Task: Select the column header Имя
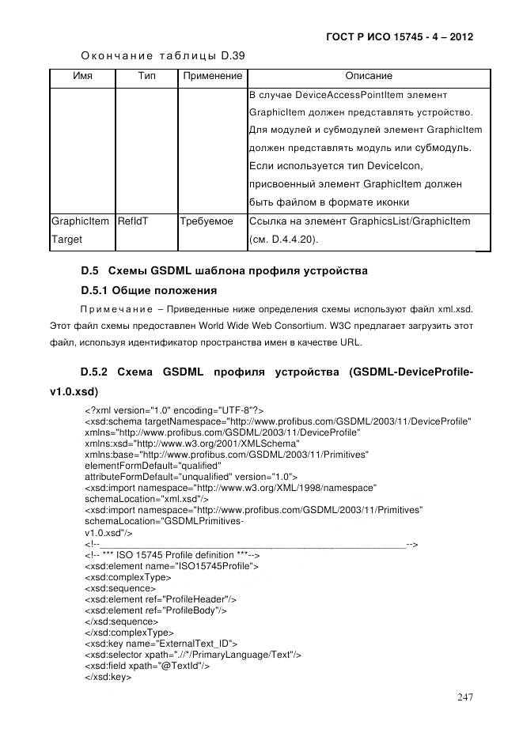click(x=82, y=76)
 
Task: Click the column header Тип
click(x=146, y=76)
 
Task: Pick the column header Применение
click(x=212, y=76)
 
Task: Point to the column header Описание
click(x=368, y=76)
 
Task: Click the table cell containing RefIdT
click(x=132, y=221)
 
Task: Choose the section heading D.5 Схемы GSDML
click(x=224, y=270)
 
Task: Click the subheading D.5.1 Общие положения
click(x=149, y=290)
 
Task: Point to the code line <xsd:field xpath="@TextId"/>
click(x=146, y=666)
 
